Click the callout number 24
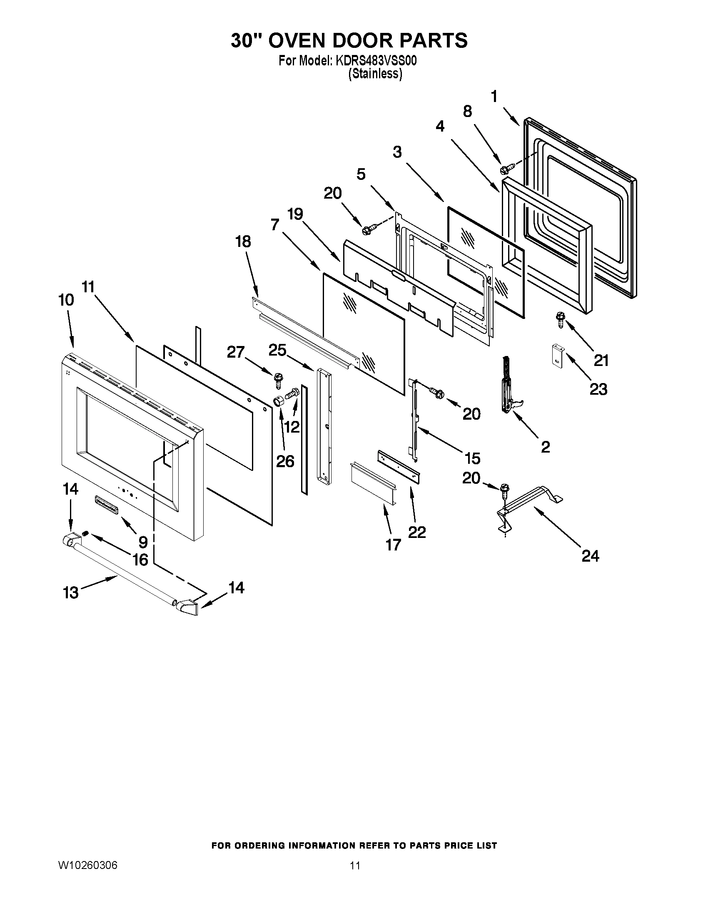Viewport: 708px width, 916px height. pyautogui.click(x=590, y=556)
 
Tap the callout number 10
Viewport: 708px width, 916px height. pyautogui.click(x=66, y=300)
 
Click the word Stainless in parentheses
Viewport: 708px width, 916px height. pyautogui.click(x=375, y=74)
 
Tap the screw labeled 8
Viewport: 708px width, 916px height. pyautogui.click(x=505, y=169)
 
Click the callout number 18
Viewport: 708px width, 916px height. pyautogui.click(x=243, y=242)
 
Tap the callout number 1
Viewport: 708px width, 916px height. pyautogui.click(x=494, y=97)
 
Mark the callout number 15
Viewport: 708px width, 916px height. pyautogui.click(x=473, y=458)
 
